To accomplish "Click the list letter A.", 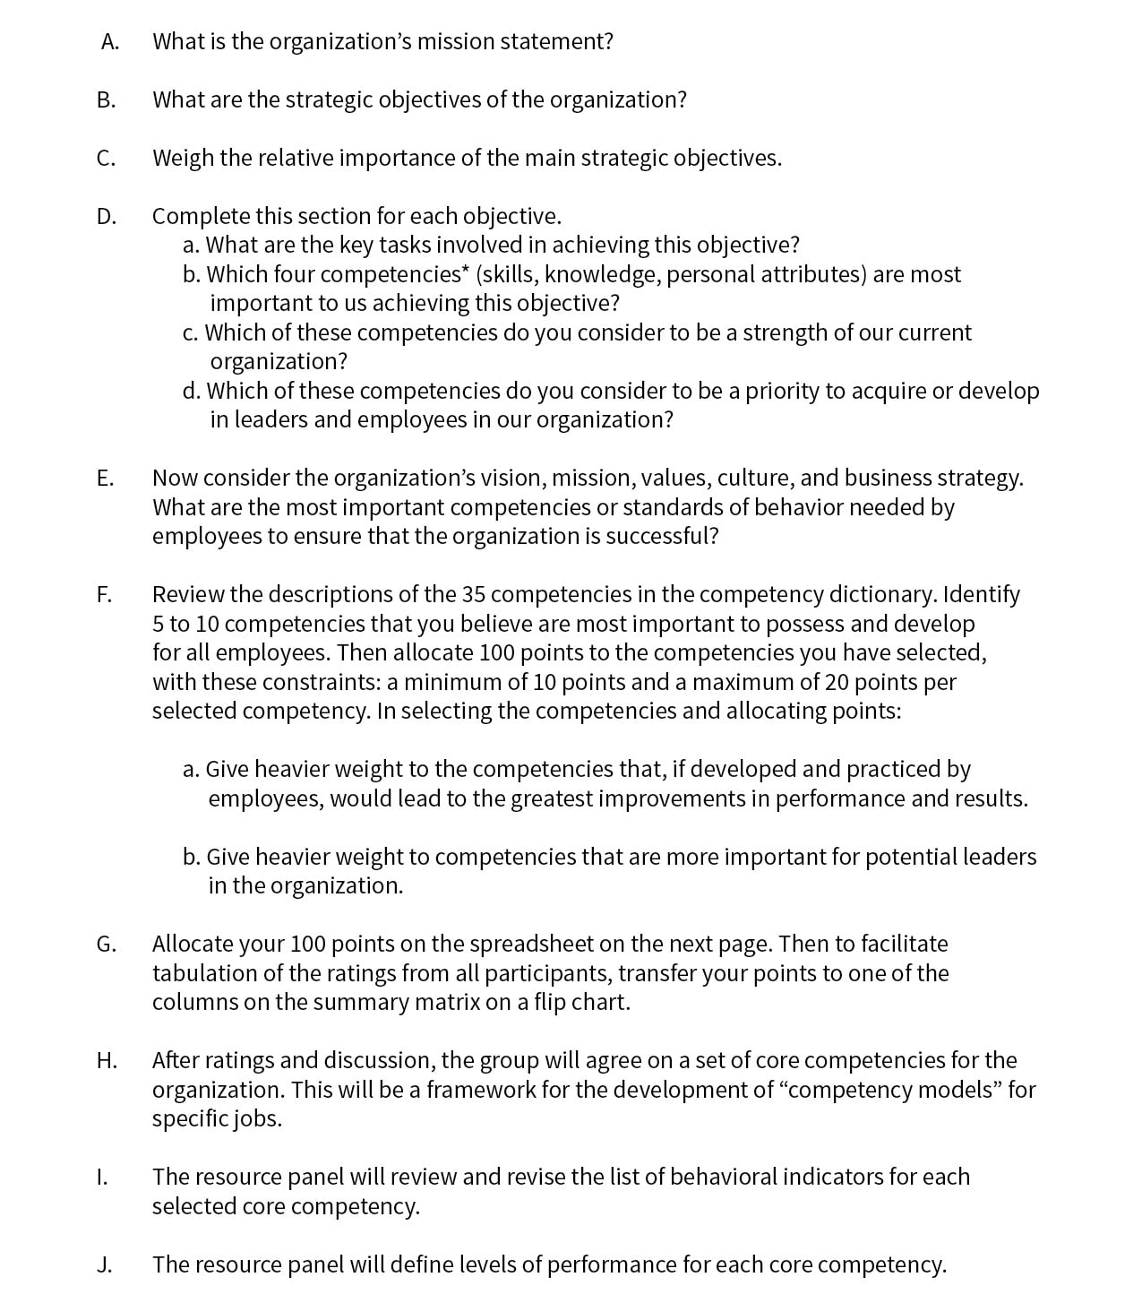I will [x=109, y=42].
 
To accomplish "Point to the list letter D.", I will [x=107, y=217].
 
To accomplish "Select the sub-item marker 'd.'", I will [x=191, y=392].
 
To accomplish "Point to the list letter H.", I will [x=107, y=1061].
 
